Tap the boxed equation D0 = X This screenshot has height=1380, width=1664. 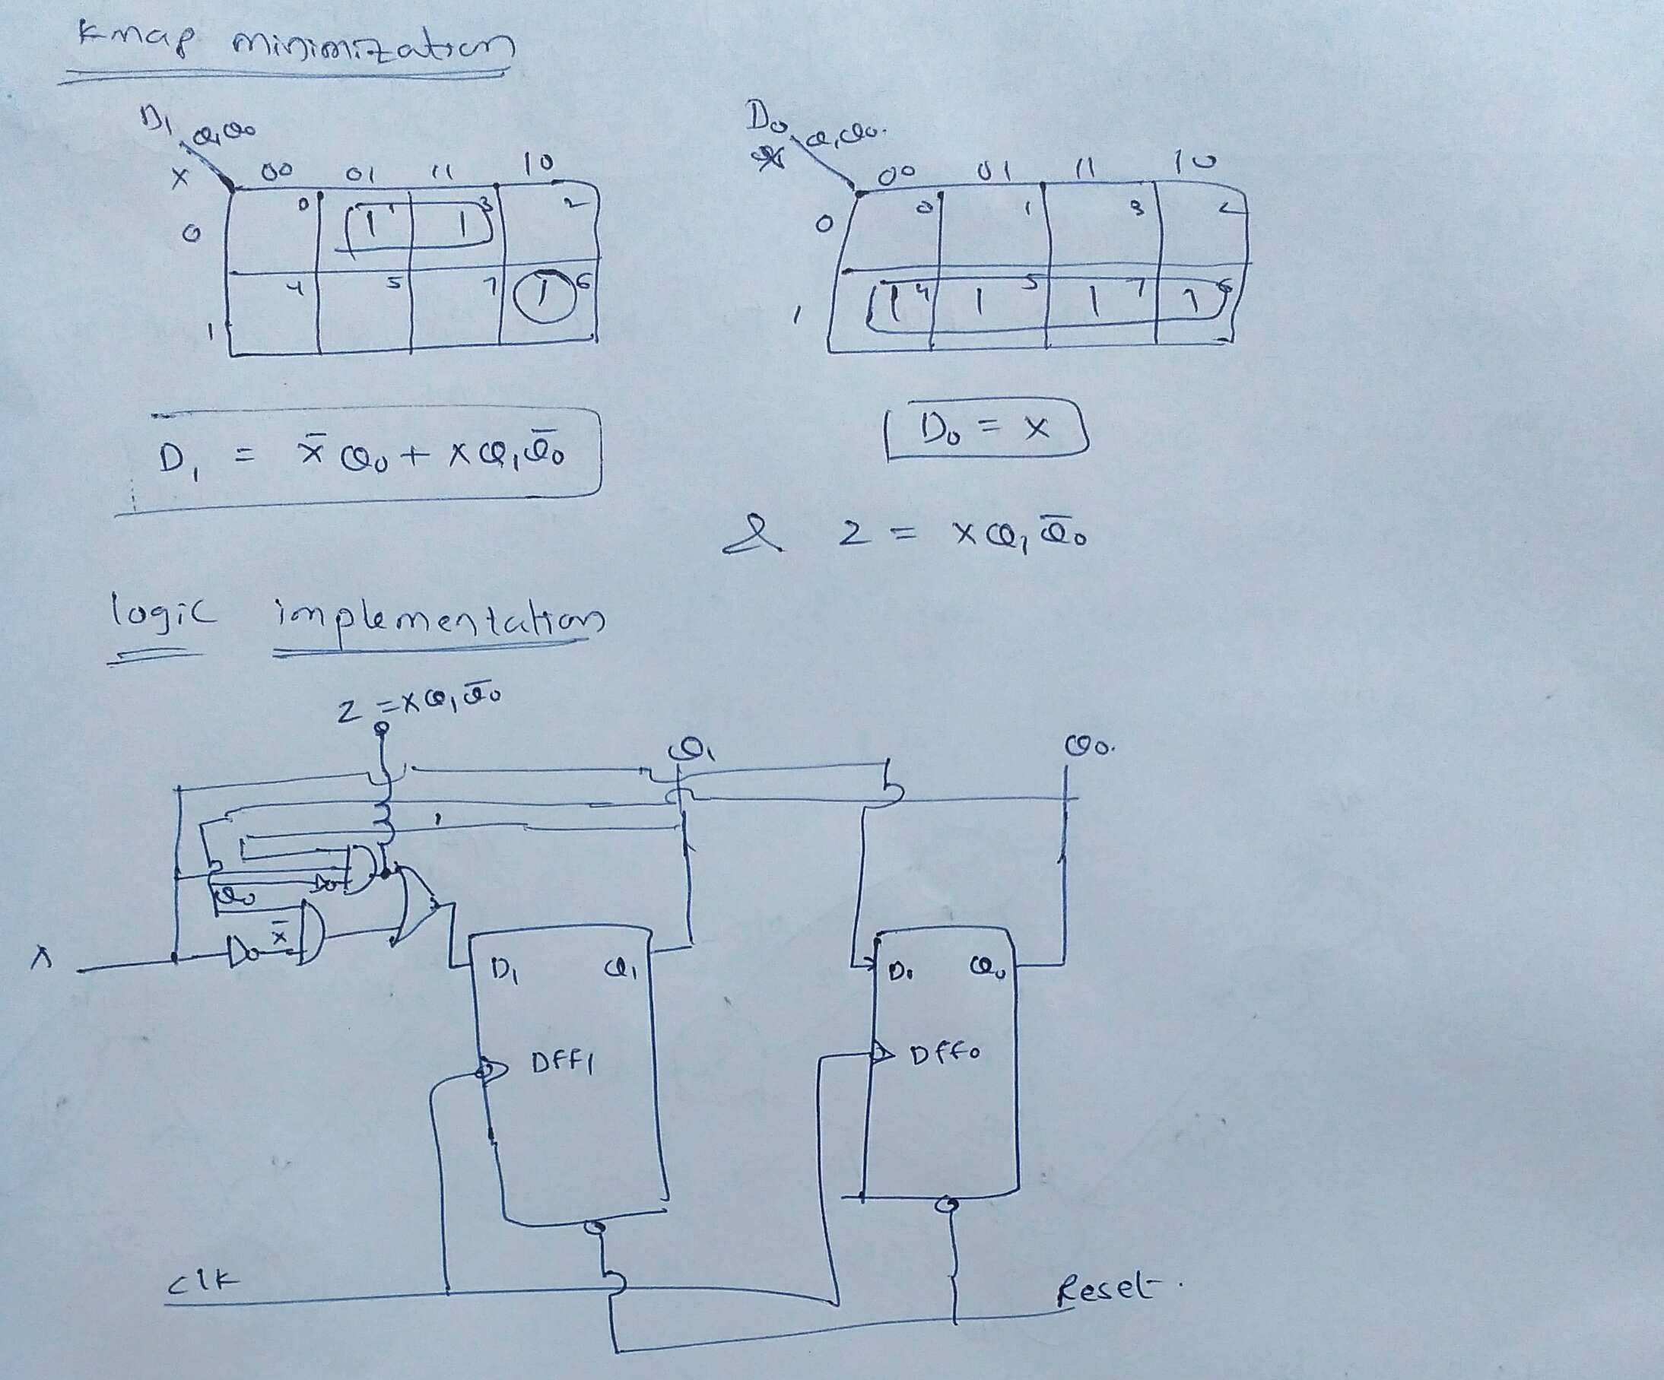pyautogui.click(x=985, y=430)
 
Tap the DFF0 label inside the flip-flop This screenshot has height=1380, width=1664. pyautogui.click(x=945, y=1053)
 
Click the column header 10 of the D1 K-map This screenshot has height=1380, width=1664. pyautogui.click(x=538, y=163)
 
